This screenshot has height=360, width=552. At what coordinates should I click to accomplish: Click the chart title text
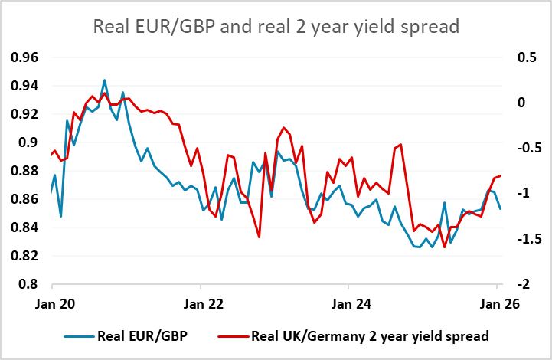(x=276, y=27)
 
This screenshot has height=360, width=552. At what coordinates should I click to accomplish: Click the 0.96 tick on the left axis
(x=24, y=57)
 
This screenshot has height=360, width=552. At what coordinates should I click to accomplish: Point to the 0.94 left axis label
(x=24, y=86)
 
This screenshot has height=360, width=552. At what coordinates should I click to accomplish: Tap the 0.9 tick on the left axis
(x=30, y=142)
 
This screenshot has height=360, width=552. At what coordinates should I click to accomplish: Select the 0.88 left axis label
(x=24, y=171)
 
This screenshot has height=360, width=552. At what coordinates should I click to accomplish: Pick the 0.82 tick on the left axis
(x=24, y=256)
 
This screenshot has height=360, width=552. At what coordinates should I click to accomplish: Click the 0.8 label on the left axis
(x=30, y=284)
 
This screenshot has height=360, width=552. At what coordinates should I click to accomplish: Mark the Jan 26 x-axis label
(x=496, y=303)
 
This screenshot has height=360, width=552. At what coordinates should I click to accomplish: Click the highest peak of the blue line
(x=104, y=80)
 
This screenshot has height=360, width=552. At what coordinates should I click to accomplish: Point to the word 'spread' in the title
(x=428, y=27)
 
